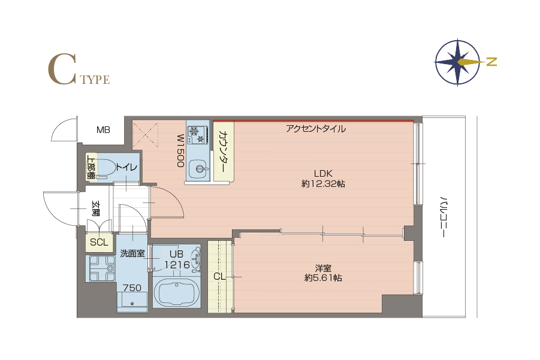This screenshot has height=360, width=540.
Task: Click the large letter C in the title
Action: point(62,69)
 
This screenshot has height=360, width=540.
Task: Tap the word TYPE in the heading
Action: point(95,80)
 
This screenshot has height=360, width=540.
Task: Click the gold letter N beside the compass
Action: point(492,62)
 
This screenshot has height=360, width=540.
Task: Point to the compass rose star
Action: point(457,62)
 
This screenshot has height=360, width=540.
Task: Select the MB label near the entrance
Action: point(103,130)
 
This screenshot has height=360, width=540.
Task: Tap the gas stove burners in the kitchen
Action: point(198,135)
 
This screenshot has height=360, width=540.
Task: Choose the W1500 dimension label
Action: point(181,151)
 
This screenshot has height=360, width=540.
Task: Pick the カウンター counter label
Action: point(223,152)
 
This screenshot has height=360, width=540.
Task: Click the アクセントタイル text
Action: point(316,129)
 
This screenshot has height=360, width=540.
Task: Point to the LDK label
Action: point(323,174)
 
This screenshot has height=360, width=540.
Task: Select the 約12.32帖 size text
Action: point(323,184)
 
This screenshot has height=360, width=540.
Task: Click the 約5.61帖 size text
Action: point(323,278)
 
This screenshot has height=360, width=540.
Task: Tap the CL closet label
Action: point(219,276)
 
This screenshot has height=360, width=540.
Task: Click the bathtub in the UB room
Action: point(176,292)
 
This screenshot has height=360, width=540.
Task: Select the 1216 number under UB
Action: point(177,265)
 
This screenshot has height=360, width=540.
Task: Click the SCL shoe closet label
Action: point(99,242)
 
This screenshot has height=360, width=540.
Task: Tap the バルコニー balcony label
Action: point(444,217)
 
